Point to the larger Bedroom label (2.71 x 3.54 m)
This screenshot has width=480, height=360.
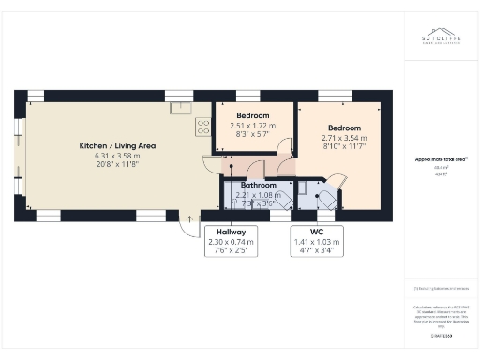(x=344, y=127)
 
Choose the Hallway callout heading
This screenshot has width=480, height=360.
(x=231, y=232)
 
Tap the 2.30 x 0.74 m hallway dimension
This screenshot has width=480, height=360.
(x=231, y=242)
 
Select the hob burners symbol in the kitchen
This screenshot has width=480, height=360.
(x=202, y=127)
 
